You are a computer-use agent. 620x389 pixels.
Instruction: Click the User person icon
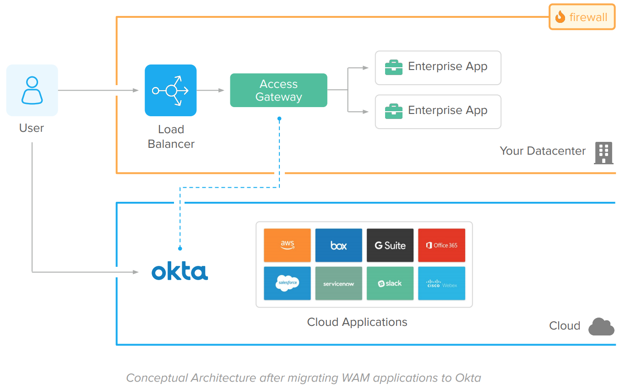point(32,90)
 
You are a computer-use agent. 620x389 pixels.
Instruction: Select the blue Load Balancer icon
point(170,90)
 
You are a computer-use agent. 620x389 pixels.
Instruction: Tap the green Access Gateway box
point(278,90)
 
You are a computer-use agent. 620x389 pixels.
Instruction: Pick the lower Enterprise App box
point(438,112)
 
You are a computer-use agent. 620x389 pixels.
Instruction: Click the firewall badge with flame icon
point(582,17)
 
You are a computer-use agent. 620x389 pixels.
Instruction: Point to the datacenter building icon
point(603,153)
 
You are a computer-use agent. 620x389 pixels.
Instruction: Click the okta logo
point(179,271)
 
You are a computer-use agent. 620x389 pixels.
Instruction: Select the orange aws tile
point(287,245)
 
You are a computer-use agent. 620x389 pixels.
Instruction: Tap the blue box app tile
point(338,245)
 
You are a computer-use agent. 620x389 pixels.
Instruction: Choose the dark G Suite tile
point(390,245)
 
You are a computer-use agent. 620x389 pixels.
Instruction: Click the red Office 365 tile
point(441,245)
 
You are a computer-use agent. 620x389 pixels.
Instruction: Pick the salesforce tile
point(287,283)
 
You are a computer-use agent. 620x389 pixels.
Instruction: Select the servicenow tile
point(338,283)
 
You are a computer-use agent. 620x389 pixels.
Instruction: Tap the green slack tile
point(390,283)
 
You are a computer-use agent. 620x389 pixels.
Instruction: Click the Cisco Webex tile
point(441,283)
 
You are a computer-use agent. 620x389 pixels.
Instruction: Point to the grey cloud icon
point(601,326)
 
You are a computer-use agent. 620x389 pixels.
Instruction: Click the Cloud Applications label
point(357,322)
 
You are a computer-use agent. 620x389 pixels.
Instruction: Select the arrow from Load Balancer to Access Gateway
point(211,90)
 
